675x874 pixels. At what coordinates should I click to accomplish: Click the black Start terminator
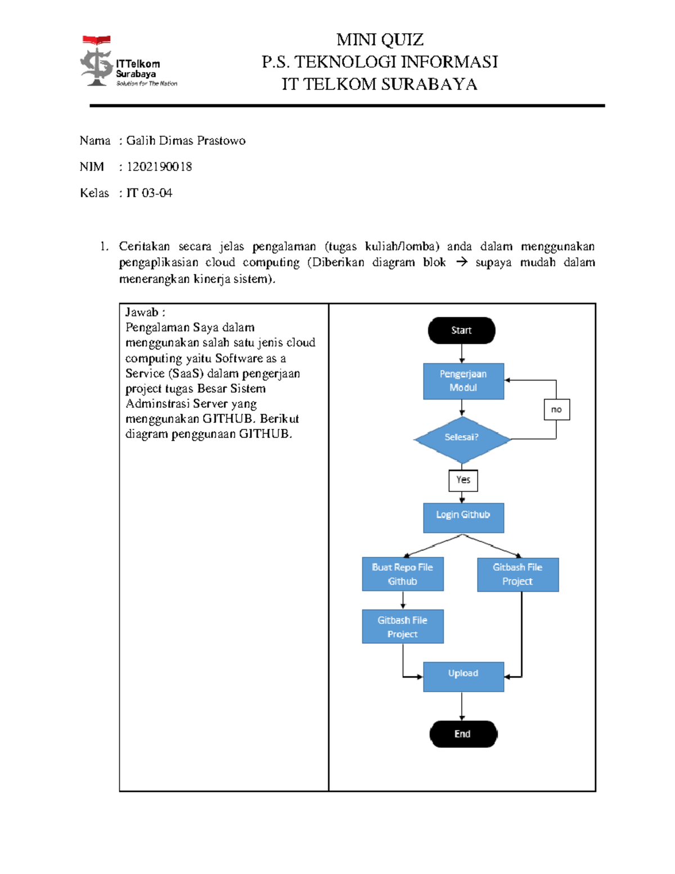461,330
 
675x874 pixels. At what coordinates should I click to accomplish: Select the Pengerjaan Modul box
463,381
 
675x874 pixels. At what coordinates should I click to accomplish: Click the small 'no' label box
556,409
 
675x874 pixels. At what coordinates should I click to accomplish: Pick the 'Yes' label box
463,480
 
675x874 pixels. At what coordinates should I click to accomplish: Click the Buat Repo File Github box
402,574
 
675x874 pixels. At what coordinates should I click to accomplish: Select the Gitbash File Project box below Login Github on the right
517,574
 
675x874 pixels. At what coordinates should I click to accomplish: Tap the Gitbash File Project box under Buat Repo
402,626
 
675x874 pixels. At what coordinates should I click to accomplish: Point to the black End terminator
463,734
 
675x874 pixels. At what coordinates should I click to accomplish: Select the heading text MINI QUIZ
380,40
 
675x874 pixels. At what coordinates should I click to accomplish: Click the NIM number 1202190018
159,167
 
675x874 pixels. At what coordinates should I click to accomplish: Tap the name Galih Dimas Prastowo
186,141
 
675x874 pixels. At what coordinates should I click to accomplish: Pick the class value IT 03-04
149,193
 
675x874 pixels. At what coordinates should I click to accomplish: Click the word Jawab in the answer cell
141,312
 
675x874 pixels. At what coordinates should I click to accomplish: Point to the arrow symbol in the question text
461,262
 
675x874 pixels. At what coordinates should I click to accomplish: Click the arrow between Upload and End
462,706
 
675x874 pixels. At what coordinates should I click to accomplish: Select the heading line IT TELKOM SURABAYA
380,84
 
